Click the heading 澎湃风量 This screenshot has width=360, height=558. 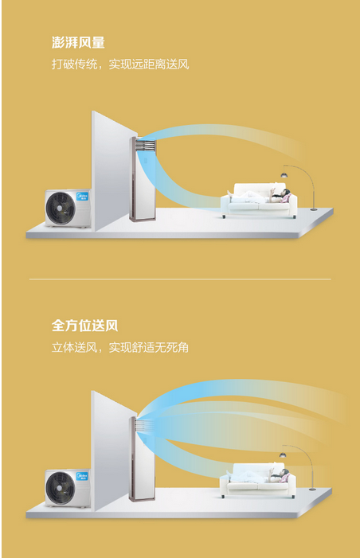point(78,42)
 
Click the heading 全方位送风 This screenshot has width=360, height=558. point(84,326)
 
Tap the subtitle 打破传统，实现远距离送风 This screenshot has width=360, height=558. point(120,64)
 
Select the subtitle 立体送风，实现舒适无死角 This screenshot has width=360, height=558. point(120,347)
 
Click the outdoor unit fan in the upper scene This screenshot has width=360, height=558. point(61,209)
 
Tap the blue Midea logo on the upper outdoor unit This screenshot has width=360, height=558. point(82,196)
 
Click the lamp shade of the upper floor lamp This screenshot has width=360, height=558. point(284,175)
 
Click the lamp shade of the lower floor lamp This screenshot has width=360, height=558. point(283,455)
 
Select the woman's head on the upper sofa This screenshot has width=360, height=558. point(286,193)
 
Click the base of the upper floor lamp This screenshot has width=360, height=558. point(313,209)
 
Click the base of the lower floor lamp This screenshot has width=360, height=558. point(312,490)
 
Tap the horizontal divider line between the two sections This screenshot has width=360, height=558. point(180,279)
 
